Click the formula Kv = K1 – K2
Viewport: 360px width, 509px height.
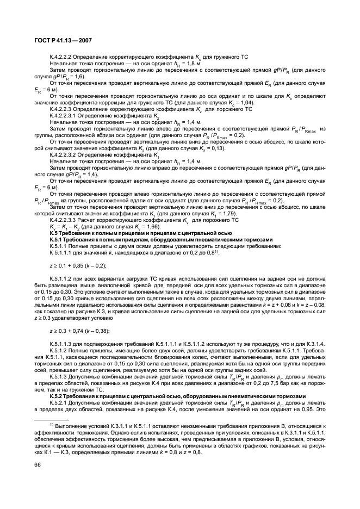coord(66,226)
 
